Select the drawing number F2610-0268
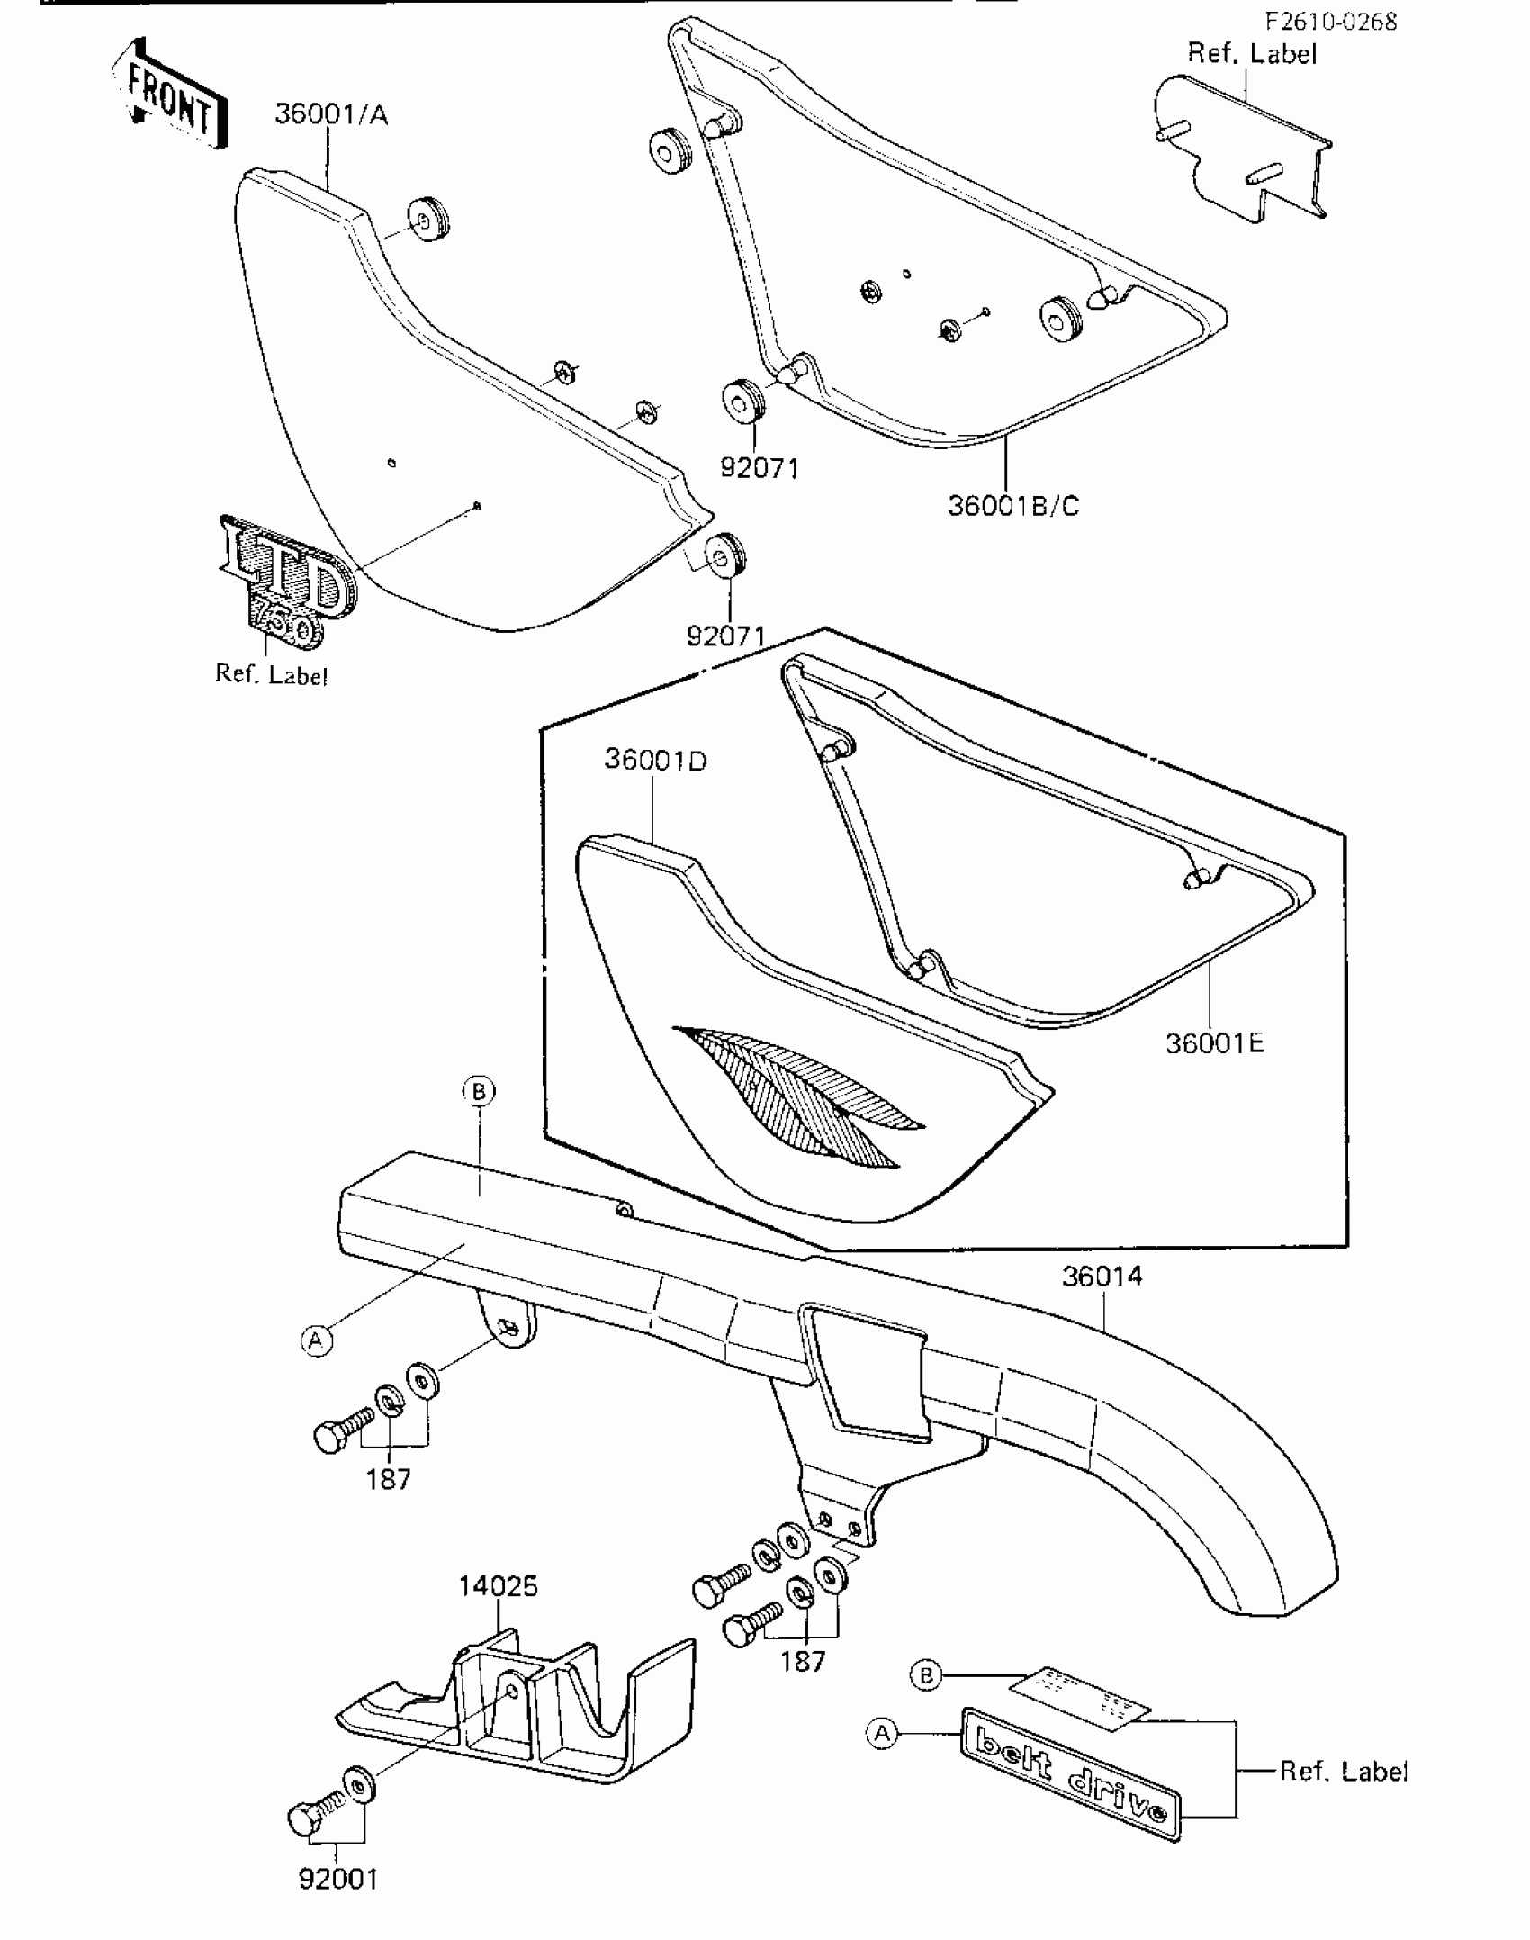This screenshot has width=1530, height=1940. [1330, 22]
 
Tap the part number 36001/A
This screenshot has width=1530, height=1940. [331, 115]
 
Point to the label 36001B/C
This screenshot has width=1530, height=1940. [1012, 506]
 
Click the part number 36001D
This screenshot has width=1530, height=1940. [655, 760]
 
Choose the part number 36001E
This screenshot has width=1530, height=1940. [1214, 1043]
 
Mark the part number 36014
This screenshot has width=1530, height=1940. [1102, 1276]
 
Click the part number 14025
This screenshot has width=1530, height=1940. [498, 1585]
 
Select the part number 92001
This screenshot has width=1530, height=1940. [338, 1879]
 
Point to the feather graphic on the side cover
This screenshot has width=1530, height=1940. [801, 1091]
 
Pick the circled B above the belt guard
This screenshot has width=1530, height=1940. [479, 1091]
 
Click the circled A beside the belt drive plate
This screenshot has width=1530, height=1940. [882, 1733]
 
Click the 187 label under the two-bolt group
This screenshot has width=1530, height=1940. [802, 1661]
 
